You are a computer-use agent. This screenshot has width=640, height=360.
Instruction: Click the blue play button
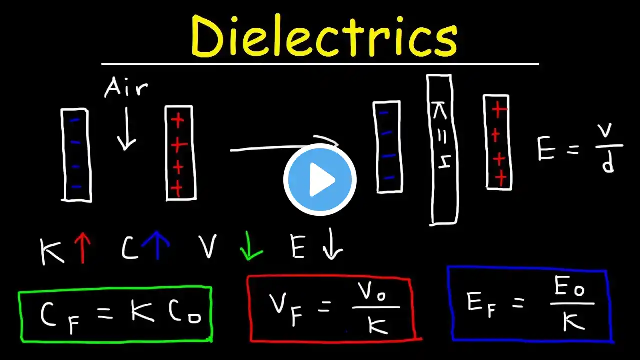point(320,180)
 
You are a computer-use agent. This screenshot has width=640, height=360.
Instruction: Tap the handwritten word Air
point(126,87)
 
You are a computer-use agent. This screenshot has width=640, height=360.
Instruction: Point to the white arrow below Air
point(126,129)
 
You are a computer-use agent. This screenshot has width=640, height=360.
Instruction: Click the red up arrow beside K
point(82,248)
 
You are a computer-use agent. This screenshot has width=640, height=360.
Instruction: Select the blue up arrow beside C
point(157,245)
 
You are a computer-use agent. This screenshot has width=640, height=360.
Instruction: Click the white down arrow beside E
point(332,244)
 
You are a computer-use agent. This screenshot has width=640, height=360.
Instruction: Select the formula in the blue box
point(531,304)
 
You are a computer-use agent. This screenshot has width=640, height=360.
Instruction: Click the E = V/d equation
point(580,148)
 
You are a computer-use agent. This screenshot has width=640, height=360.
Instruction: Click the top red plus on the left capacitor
point(177,120)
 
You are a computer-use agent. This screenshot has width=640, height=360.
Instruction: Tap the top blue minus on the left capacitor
point(75,120)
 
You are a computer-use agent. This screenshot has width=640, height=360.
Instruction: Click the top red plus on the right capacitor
point(499,109)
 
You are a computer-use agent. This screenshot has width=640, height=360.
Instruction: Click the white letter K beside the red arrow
point(51,252)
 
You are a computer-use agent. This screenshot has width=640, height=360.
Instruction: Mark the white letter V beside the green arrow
point(208,246)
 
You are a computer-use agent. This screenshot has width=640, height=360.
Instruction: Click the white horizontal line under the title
point(320,64)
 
